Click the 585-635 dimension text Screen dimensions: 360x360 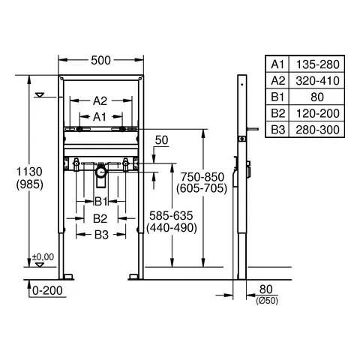(172, 215)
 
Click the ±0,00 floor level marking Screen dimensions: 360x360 (43, 257)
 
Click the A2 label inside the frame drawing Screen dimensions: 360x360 (100, 100)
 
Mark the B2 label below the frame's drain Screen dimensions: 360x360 (100, 217)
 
